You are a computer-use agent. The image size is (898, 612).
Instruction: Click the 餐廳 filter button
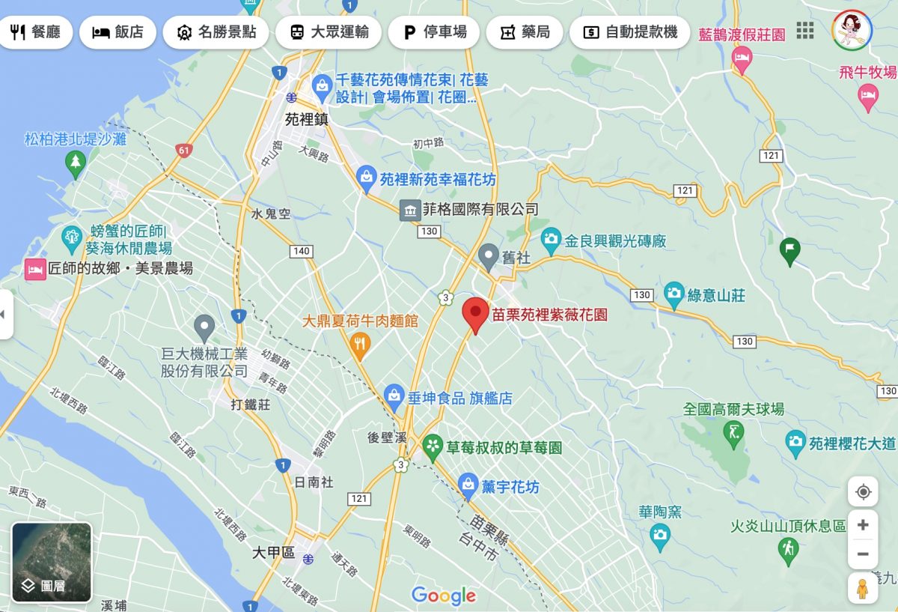(36, 32)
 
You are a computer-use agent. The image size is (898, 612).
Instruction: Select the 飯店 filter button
(117, 32)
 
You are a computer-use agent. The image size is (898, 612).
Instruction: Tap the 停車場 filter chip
(434, 32)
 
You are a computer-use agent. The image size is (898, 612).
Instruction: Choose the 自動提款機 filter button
(629, 32)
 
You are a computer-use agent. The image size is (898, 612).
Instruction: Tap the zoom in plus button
(863, 525)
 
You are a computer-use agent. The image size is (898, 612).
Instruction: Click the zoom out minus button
(863, 554)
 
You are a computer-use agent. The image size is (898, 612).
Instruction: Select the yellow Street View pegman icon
(863, 589)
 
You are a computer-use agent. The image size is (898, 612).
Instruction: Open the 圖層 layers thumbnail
(52, 562)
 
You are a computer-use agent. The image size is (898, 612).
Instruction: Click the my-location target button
(863, 492)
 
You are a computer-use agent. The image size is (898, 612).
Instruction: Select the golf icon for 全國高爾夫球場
(733, 431)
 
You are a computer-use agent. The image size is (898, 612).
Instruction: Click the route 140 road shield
(302, 251)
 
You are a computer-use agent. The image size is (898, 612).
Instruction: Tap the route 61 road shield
(184, 151)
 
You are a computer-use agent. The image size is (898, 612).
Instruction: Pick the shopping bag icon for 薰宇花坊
(468, 485)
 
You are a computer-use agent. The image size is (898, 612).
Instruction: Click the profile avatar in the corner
(852, 31)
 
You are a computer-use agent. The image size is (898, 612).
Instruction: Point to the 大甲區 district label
(273, 553)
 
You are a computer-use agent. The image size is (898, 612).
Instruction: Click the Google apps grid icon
(804, 31)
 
